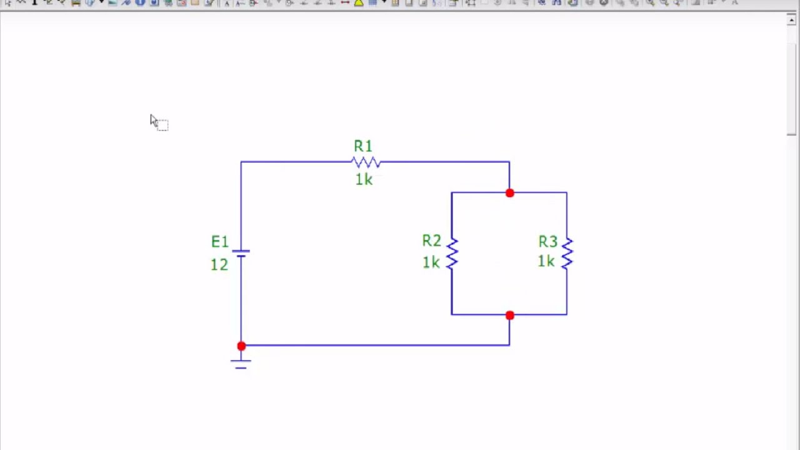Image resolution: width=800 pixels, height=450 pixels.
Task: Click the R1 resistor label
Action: pos(363,146)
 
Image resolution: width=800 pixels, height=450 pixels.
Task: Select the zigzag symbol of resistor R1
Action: pos(366,162)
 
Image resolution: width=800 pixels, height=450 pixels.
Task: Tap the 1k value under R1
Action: pos(364,179)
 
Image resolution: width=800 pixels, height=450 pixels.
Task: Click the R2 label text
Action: pos(431,241)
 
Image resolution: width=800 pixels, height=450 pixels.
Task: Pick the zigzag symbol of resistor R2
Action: pos(452,254)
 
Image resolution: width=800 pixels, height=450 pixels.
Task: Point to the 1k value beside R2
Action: pos(431,263)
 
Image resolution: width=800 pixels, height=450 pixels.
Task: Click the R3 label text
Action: pos(548,242)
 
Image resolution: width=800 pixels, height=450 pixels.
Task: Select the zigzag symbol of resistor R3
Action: pos(567,253)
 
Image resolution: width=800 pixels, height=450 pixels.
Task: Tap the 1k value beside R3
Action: pos(546,261)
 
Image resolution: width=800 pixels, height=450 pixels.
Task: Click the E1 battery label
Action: pos(220,242)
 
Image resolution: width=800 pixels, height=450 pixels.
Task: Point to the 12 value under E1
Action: pos(219,265)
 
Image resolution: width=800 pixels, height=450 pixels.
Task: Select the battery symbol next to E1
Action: pos(241,254)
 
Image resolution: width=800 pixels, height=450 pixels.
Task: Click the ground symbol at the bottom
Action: pos(241,364)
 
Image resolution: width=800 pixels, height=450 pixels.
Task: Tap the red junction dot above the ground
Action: pos(241,346)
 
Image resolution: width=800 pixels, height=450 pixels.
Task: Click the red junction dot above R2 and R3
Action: pos(510,193)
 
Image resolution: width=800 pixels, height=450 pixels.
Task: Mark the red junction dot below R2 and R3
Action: pos(510,316)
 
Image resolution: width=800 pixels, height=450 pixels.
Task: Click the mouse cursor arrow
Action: pos(154,121)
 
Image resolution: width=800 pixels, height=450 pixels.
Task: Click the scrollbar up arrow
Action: pos(791,20)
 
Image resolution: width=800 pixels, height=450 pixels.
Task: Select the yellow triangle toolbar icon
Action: pos(359,3)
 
